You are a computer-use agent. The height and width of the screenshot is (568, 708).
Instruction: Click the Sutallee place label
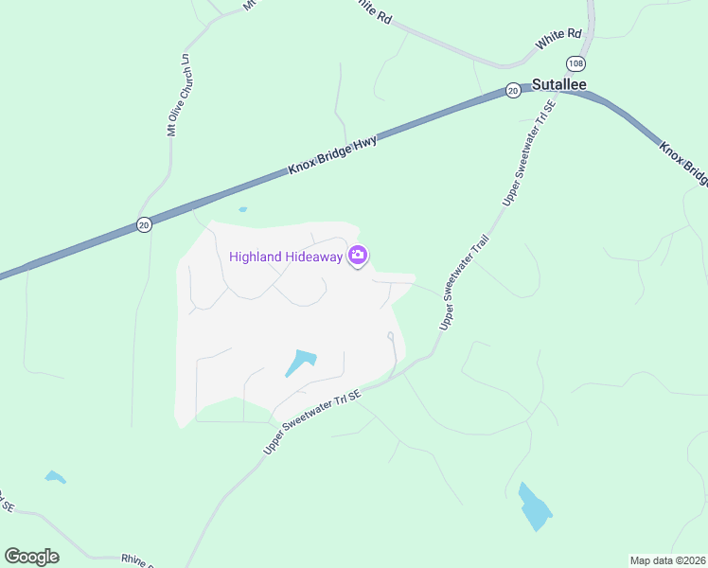(x=558, y=84)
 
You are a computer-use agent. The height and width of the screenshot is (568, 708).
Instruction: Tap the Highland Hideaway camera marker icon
(x=358, y=256)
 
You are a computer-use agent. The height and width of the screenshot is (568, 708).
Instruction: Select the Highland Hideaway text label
(x=287, y=257)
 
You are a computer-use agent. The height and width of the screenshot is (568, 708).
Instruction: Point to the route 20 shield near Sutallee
(x=512, y=91)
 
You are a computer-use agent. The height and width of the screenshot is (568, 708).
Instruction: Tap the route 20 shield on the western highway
(x=143, y=224)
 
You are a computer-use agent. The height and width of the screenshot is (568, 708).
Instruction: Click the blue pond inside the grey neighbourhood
(x=301, y=362)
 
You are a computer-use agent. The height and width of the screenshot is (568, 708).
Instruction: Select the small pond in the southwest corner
(x=55, y=477)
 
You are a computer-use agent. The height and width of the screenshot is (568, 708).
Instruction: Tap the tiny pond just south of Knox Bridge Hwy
(x=243, y=209)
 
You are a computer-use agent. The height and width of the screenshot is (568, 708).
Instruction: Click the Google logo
(x=31, y=557)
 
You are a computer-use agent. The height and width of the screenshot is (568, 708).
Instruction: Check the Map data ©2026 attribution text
(x=667, y=560)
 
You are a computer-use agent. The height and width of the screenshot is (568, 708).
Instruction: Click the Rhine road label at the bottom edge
(x=136, y=559)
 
